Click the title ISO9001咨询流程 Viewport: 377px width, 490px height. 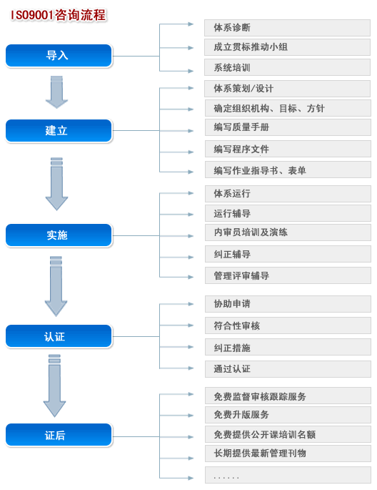(59, 15)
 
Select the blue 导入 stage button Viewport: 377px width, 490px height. (59, 56)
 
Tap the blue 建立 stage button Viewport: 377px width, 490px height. (59, 131)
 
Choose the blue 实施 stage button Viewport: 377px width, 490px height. (59, 235)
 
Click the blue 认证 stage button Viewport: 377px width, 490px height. (59, 336)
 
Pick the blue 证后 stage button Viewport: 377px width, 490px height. (59, 435)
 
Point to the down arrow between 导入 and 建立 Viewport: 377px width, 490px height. (56, 92)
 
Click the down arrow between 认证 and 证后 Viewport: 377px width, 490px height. (54, 386)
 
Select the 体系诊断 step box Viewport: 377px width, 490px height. (287, 28)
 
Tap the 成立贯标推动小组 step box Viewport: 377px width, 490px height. (287, 47)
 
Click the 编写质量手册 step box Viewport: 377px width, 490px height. (288, 127)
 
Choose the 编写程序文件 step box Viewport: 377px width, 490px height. (288, 149)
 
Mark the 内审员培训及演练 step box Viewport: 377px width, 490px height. (288, 232)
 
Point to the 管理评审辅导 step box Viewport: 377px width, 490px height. (288, 275)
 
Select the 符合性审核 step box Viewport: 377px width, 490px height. (288, 325)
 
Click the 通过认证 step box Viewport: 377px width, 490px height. (288, 369)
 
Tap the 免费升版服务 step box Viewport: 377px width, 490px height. (288, 415)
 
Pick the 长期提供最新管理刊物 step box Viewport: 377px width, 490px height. (288, 454)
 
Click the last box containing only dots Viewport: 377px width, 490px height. (288, 475)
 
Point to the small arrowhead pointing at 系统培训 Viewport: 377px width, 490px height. (191, 71)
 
